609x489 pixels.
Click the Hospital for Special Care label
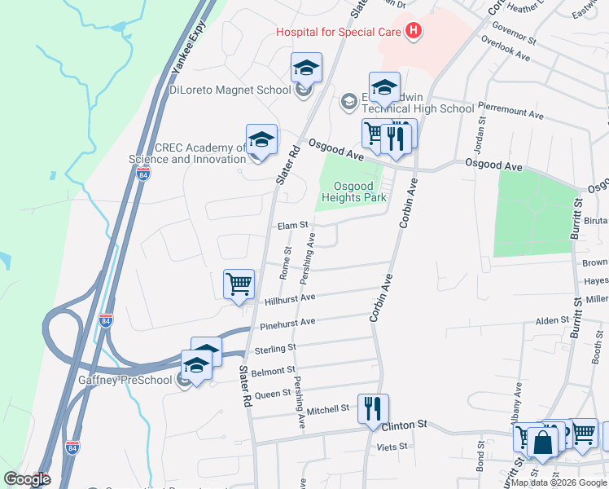click(x=339, y=32)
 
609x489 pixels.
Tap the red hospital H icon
click(x=414, y=32)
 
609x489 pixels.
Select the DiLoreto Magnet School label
click(x=230, y=90)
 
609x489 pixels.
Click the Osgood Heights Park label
click(x=352, y=192)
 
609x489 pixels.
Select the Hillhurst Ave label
click(x=290, y=299)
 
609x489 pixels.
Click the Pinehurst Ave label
click(x=287, y=324)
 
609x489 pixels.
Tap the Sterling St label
click(x=274, y=349)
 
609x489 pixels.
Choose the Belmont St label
click(x=273, y=371)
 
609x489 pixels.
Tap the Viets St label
click(x=392, y=447)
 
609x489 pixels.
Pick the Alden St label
click(x=550, y=322)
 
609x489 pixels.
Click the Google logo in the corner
click(x=27, y=479)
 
